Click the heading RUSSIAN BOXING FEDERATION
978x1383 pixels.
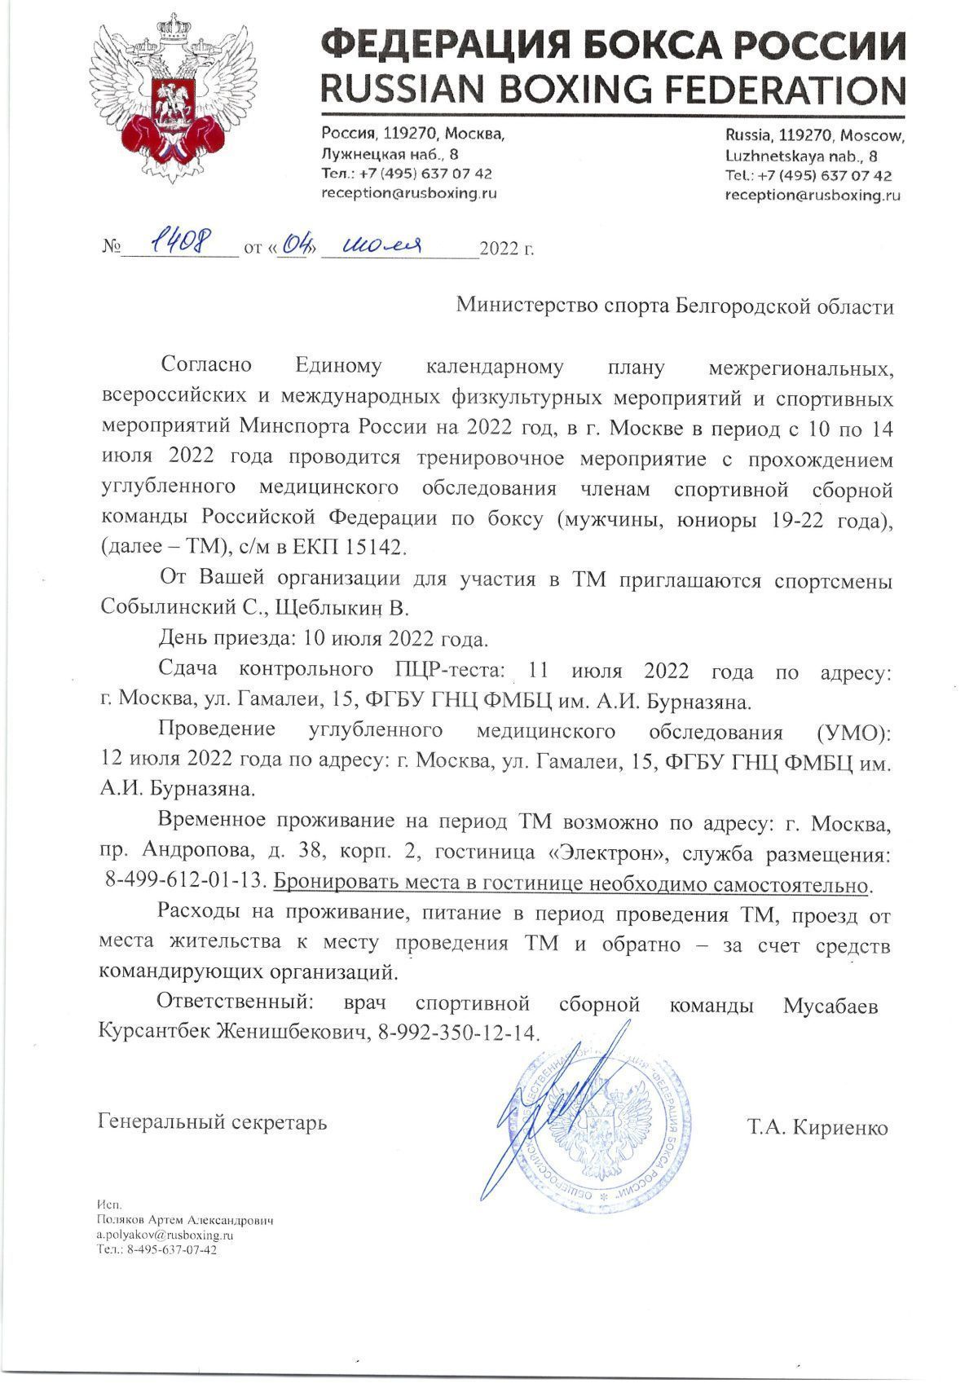pyautogui.click(x=613, y=89)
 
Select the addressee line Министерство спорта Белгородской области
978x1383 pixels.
pyautogui.click(x=675, y=306)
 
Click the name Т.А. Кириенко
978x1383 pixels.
pyautogui.click(x=817, y=1128)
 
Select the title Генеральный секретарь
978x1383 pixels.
pyautogui.click(x=213, y=1122)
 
